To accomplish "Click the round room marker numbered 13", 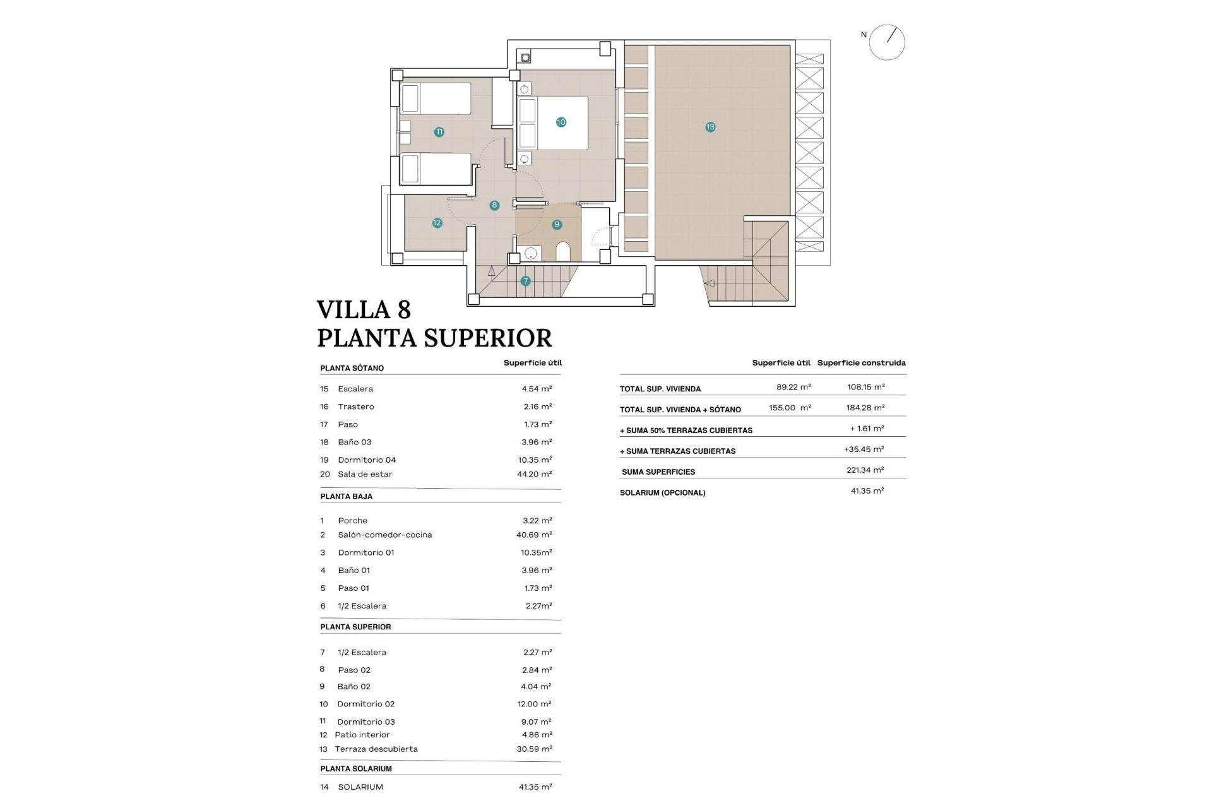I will coord(710,127).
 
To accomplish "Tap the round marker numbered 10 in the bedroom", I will coord(561,122).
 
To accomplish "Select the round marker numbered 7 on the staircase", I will coord(525,281).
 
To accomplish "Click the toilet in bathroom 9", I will coord(563,252).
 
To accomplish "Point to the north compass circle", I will coord(887,43).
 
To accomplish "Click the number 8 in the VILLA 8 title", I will coord(404,310).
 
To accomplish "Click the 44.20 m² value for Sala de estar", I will coord(534,474).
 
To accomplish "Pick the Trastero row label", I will coord(355,407).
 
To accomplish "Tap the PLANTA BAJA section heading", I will coord(346,496).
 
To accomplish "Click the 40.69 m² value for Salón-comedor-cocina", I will coord(534,535).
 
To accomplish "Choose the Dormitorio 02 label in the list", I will coord(365,704).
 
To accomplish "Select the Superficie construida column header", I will coord(861,363).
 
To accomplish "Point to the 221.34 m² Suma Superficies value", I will coord(865,470).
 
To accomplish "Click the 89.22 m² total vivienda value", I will coord(793,387).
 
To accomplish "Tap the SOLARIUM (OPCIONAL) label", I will coord(662,492).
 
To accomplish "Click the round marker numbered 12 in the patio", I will coord(437,223).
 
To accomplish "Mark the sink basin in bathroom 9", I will coord(531,253).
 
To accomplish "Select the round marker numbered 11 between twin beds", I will coord(439,132).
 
